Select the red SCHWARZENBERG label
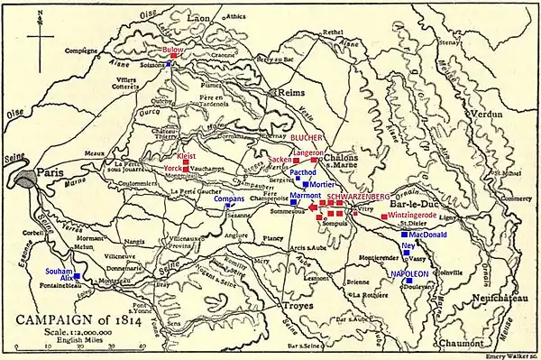(358, 196)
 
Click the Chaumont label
(463, 343)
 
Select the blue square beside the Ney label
(419, 245)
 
